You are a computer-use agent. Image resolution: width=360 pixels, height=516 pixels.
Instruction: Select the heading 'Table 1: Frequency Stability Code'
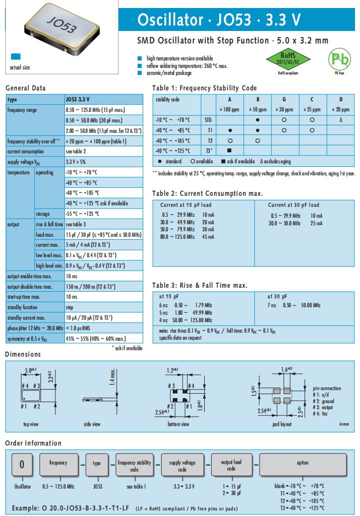(204, 88)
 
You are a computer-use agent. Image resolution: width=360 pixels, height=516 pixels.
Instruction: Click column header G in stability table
(284, 99)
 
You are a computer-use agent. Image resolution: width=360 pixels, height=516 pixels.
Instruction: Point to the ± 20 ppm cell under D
(341, 109)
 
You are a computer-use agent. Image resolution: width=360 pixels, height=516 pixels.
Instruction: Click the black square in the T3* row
(229, 150)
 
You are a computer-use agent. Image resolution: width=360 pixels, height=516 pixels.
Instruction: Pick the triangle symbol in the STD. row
(341, 120)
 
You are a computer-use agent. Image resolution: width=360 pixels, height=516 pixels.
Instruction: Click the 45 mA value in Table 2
(208, 237)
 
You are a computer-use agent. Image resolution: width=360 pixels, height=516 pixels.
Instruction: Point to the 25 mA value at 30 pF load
(316, 223)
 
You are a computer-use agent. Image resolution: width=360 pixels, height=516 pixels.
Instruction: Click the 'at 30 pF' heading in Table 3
(277, 296)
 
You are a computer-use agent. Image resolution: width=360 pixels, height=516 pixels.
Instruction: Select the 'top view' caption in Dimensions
(32, 424)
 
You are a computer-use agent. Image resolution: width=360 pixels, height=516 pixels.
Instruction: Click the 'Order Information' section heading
(33, 443)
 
